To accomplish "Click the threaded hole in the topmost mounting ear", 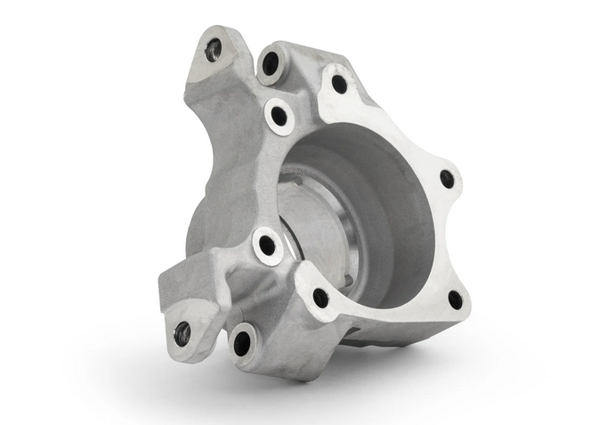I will pyautogui.click(x=213, y=50).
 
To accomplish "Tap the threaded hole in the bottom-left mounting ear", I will pyautogui.click(x=182, y=333).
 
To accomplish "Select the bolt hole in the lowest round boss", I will pyautogui.click(x=241, y=343).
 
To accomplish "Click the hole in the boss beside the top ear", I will pyautogui.click(x=271, y=63).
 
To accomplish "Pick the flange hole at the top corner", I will pyautogui.click(x=339, y=84).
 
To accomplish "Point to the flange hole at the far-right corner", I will pyautogui.click(x=447, y=179).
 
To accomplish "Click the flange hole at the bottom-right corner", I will pyautogui.click(x=455, y=299).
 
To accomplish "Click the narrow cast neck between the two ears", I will pyautogui.click(x=214, y=178).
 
